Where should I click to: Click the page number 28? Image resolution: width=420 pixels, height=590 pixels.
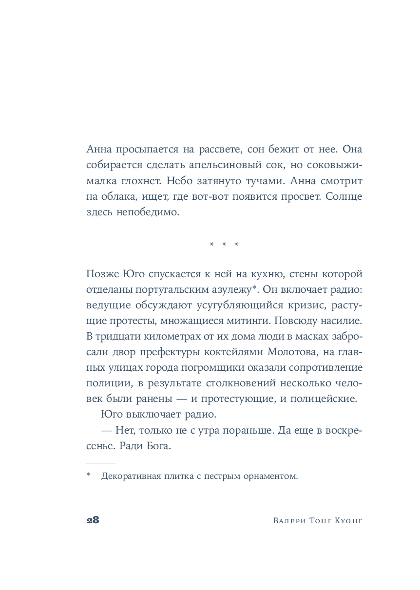pyautogui.click(x=93, y=520)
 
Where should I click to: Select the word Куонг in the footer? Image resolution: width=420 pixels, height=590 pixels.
pyautogui.click(x=348, y=520)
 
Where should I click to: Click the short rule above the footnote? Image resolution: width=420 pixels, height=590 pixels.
pyautogui.click(x=101, y=462)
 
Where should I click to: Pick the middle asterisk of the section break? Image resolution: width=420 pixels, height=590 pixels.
pyautogui.click(x=225, y=244)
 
